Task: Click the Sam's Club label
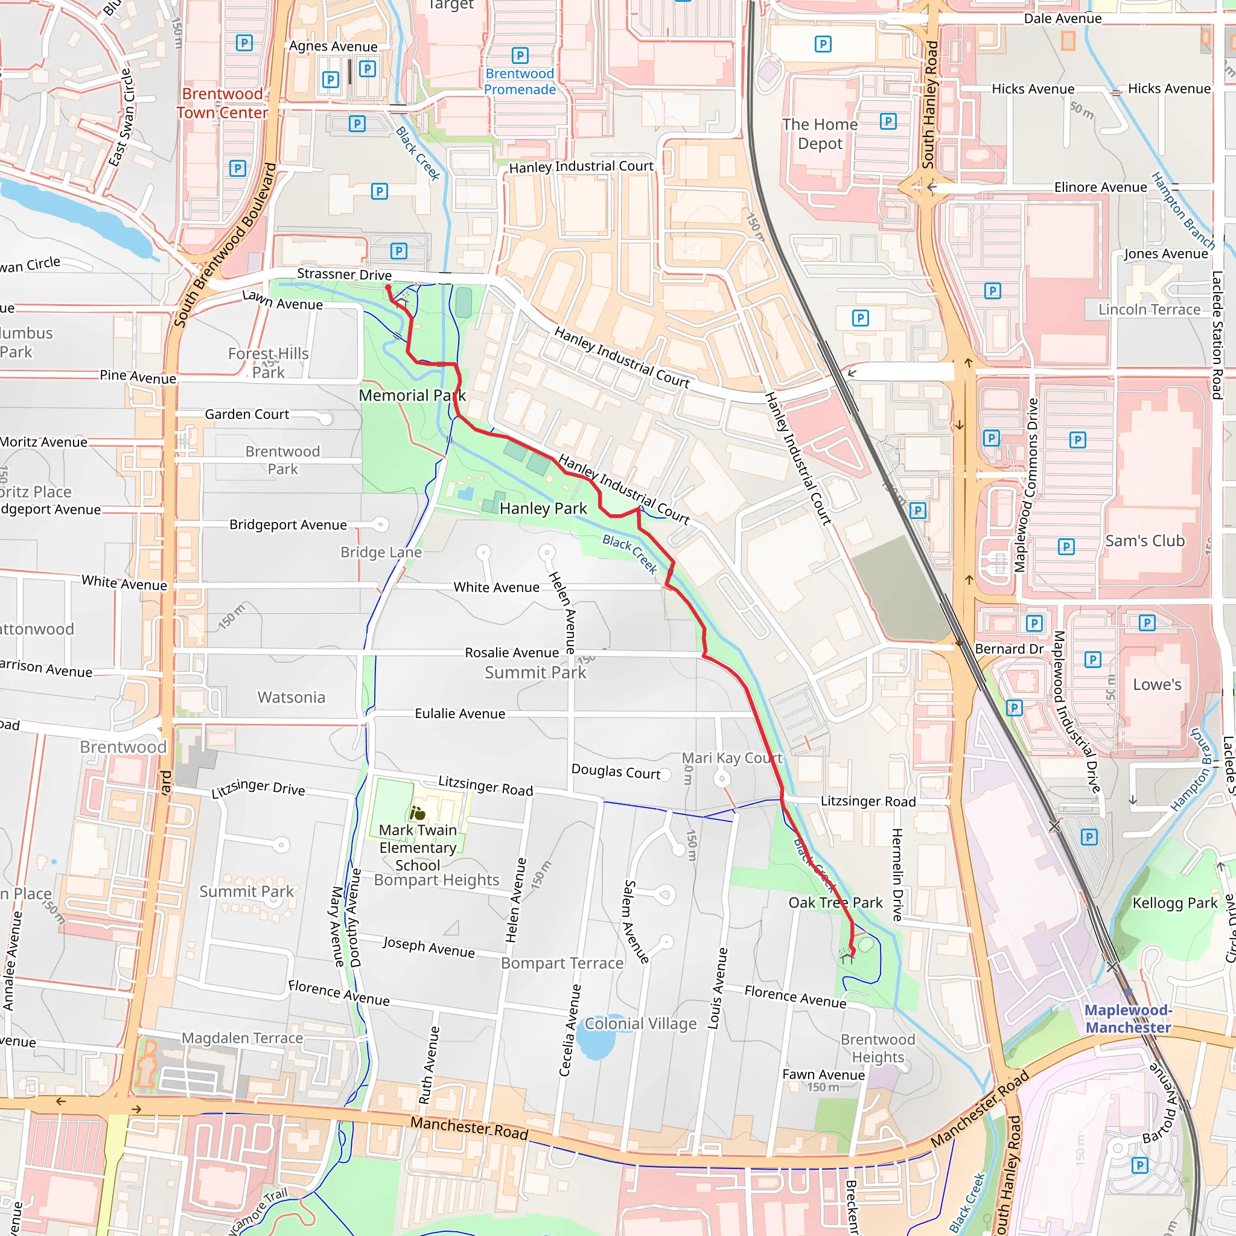(x=1144, y=541)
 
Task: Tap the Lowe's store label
(x=1157, y=684)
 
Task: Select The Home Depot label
(x=820, y=134)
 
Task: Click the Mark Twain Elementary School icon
(x=418, y=813)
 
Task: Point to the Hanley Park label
(x=543, y=509)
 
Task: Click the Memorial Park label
(x=412, y=395)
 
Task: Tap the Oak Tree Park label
(x=835, y=903)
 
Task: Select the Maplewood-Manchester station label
(x=1128, y=1019)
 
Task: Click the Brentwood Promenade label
(x=520, y=81)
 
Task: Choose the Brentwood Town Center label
(x=222, y=103)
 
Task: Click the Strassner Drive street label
(x=344, y=275)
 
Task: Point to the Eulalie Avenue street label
(x=460, y=713)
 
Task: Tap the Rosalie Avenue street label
(x=512, y=652)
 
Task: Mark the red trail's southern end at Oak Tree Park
(x=852, y=955)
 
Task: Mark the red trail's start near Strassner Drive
(x=387, y=288)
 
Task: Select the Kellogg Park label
(x=1174, y=903)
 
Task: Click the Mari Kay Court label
(x=732, y=758)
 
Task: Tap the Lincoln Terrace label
(x=1149, y=310)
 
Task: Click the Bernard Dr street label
(x=1009, y=649)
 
